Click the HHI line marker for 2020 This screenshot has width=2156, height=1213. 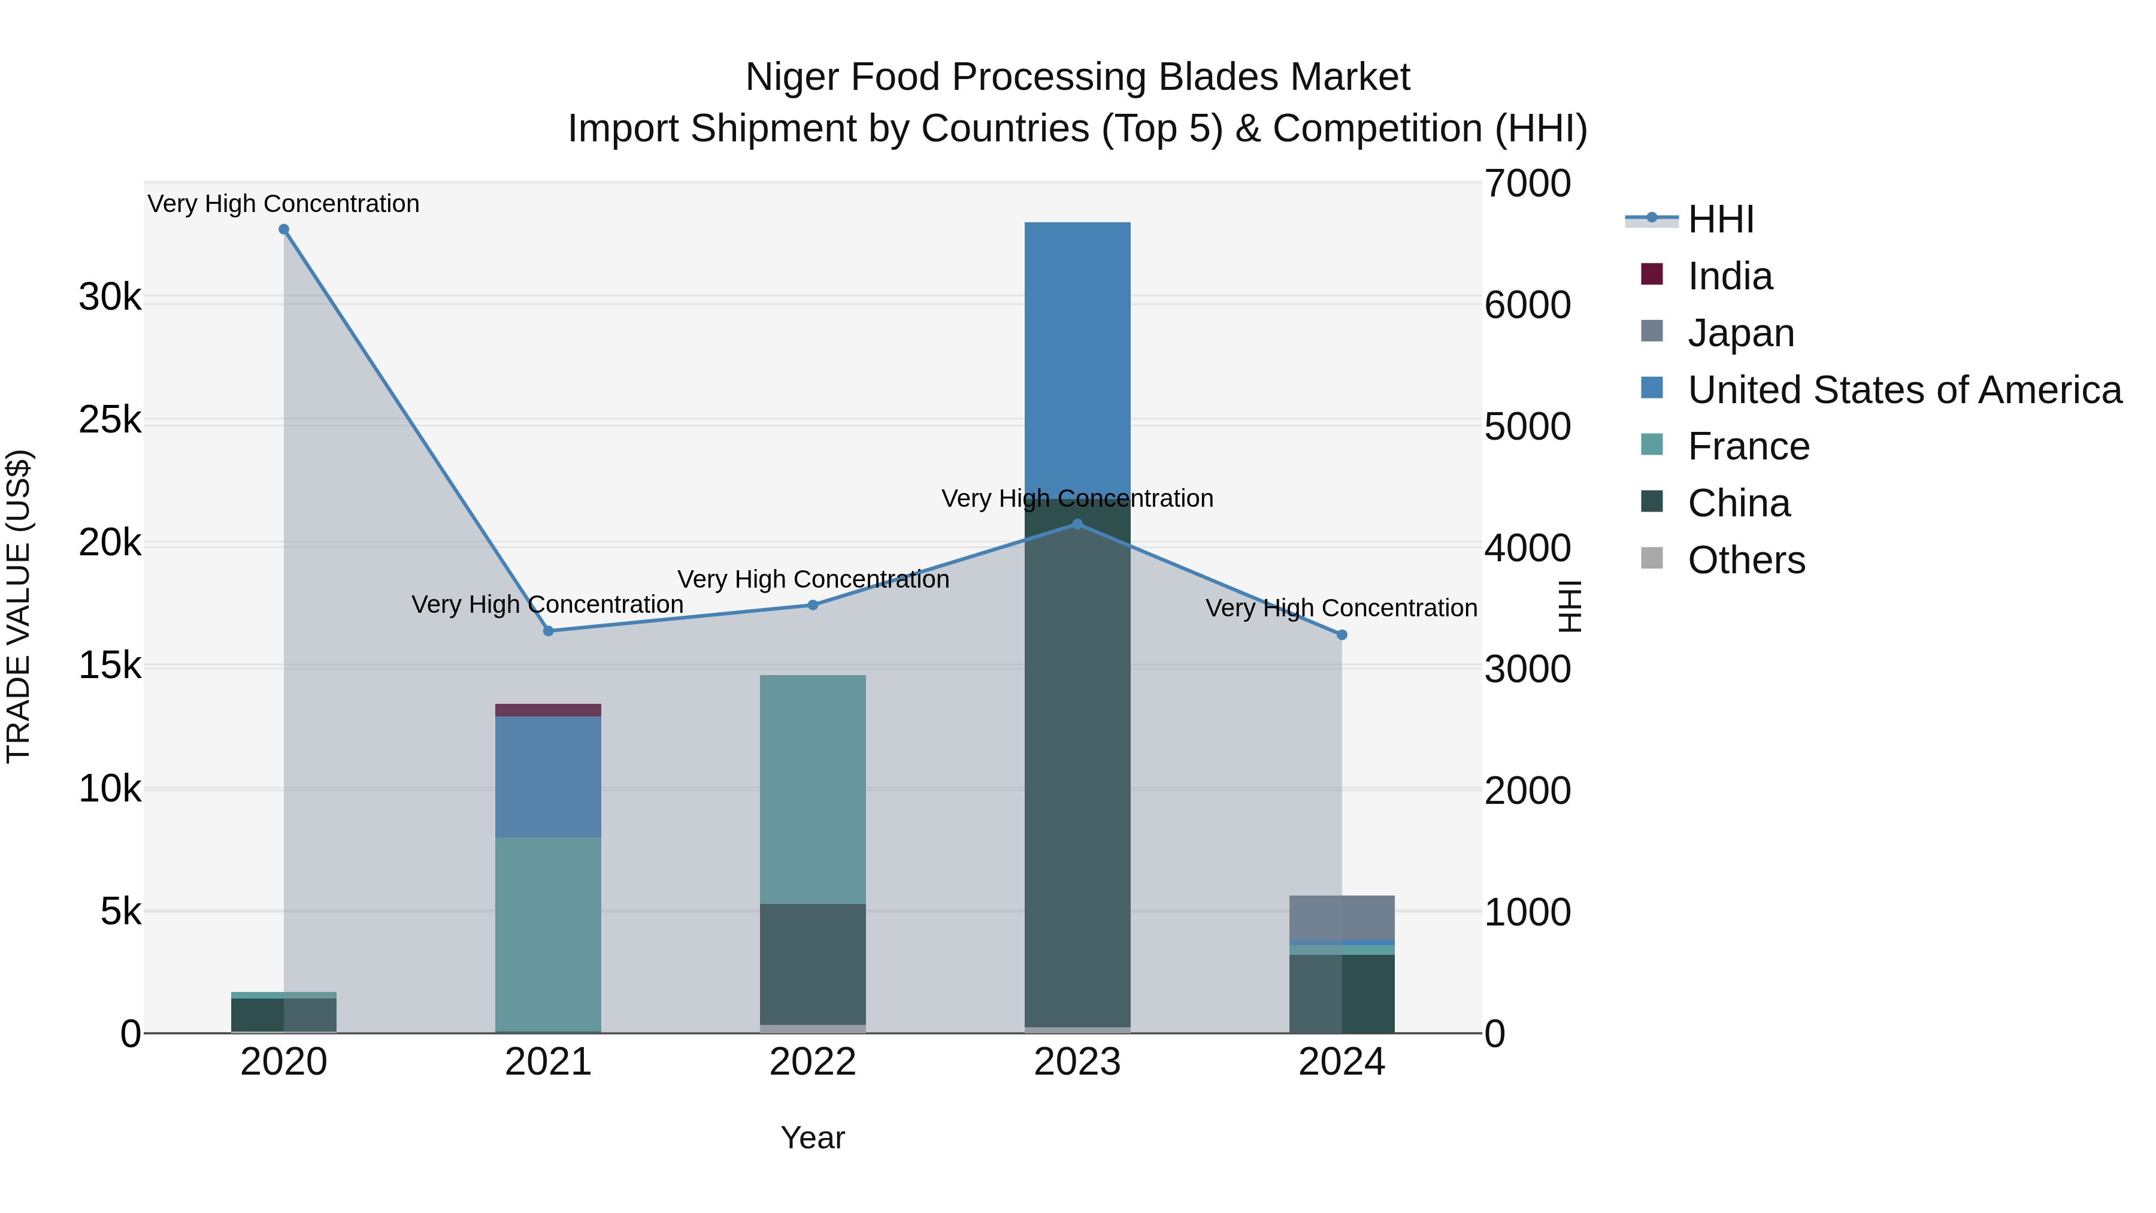(x=284, y=229)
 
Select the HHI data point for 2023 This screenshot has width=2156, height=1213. (x=1077, y=524)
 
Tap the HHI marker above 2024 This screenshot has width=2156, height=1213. (x=1342, y=634)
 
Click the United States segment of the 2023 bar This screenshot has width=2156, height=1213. (x=1077, y=352)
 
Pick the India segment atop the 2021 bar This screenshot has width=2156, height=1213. (x=548, y=710)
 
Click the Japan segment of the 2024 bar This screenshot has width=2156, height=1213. (x=1342, y=918)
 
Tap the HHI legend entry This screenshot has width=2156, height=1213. (x=1720, y=219)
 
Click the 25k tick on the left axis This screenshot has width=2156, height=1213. (x=110, y=421)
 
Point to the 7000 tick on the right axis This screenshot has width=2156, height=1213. (x=1527, y=183)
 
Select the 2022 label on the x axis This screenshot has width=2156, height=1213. (x=813, y=1062)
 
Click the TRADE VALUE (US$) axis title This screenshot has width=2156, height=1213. (x=19, y=606)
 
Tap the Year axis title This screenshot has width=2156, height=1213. (x=813, y=1138)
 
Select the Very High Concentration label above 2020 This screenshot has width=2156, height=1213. (x=284, y=204)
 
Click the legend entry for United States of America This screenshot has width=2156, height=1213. (x=1904, y=390)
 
